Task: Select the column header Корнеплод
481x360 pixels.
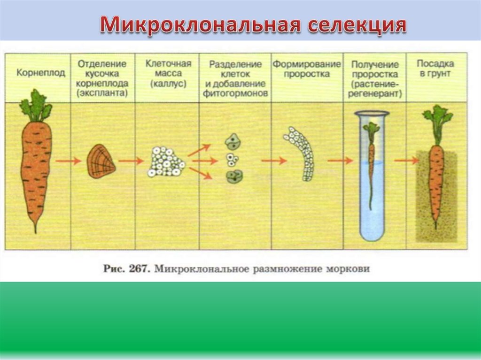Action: point(34,73)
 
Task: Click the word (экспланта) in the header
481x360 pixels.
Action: point(102,93)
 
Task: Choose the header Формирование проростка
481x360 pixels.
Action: point(307,69)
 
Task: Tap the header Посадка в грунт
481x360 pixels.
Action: point(435,69)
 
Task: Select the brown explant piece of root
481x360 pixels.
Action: point(101,161)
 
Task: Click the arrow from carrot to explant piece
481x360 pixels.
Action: point(69,161)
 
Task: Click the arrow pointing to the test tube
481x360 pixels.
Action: point(340,161)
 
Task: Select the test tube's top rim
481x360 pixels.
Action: point(372,113)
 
